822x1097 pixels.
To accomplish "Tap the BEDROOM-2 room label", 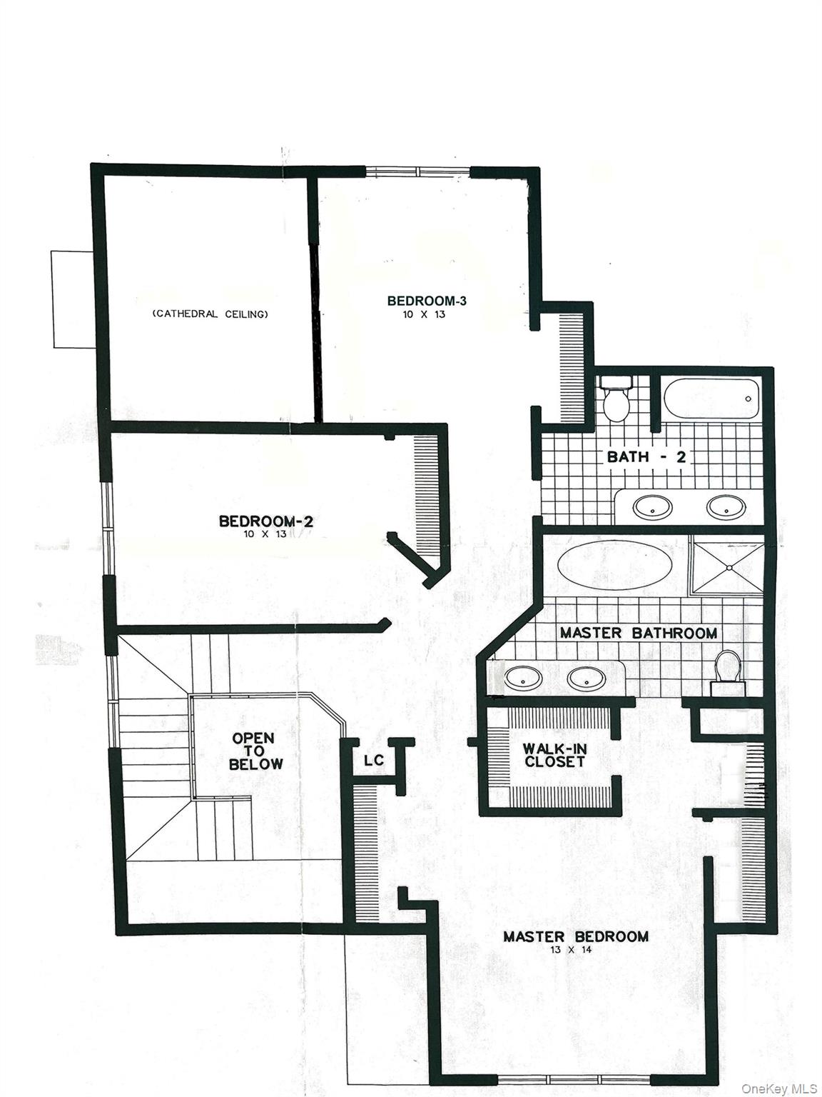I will click(x=265, y=521).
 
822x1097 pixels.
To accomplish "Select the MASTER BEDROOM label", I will click(x=576, y=936).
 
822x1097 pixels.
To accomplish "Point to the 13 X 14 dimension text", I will click(x=575, y=951).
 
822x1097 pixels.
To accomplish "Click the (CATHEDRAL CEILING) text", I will click(x=210, y=314).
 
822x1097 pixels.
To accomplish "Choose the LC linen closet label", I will click(x=374, y=761).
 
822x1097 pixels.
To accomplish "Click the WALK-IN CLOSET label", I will click(x=554, y=755).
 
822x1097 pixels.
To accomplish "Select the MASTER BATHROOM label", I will click(x=638, y=633).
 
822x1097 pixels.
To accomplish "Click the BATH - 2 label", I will click(x=646, y=457).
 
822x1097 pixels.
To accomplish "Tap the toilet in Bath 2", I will click(x=616, y=401).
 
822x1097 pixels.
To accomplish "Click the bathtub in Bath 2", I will click(x=711, y=399).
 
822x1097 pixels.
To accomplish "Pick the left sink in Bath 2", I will click(x=652, y=508).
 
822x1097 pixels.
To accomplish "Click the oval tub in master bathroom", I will click(x=614, y=564).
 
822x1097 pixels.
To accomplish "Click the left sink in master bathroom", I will click(x=524, y=678).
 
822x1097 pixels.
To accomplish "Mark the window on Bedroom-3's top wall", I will click(x=417, y=171).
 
